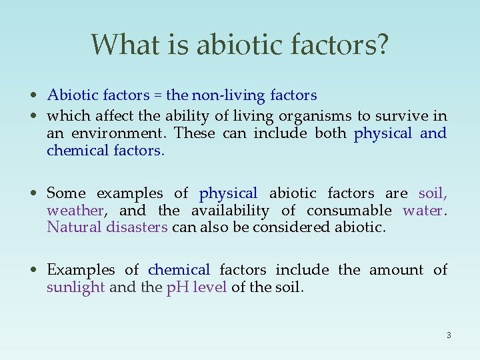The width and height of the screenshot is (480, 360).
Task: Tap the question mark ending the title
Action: click(x=382, y=45)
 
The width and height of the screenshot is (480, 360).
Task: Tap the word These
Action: click(x=195, y=133)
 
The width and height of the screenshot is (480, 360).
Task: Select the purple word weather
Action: click(x=75, y=211)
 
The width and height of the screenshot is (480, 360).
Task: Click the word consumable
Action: click(x=349, y=211)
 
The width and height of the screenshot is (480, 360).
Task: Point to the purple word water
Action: click(x=423, y=211)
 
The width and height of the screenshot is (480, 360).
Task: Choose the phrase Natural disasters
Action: click(x=107, y=227)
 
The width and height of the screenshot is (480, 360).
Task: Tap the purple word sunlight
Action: click(x=75, y=288)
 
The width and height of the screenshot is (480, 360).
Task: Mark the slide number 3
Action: click(x=449, y=335)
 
